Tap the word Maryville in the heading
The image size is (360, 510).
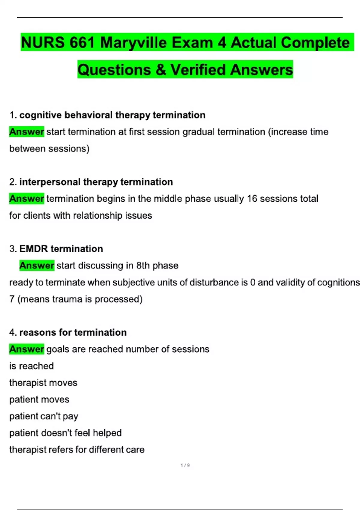[133, 42]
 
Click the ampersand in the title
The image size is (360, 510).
[160, 70]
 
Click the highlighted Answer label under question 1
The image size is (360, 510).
[27, 132]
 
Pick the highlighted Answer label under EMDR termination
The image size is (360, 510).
[37, 265]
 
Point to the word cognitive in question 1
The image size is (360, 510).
[40, 115]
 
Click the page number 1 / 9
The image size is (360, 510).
[185, 465]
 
